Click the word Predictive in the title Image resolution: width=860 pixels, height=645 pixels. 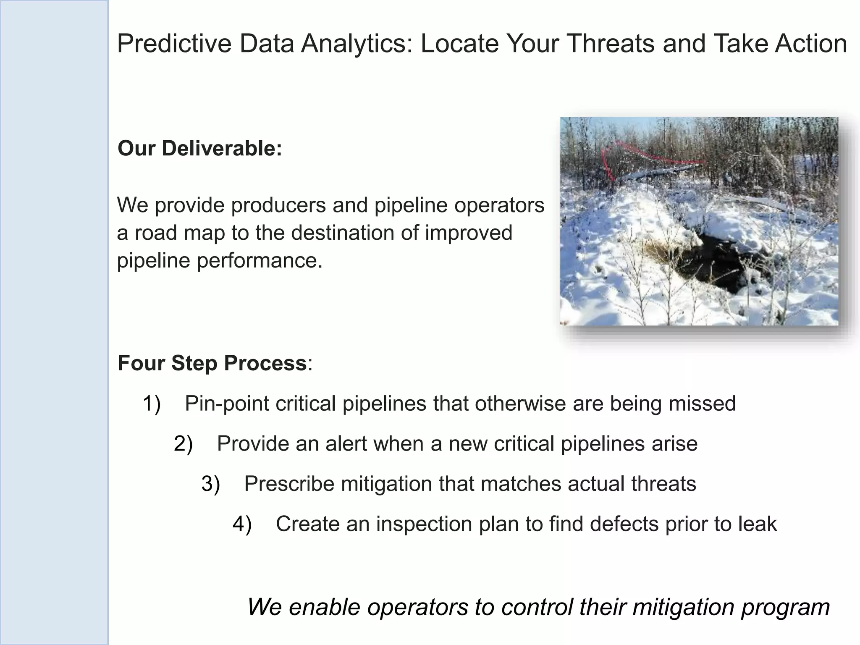tap(174, 44)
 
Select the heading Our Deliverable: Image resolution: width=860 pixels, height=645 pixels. tap(199, 149)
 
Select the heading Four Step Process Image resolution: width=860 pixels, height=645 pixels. tap(212, 363)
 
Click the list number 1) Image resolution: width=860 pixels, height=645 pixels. tap(152, 404)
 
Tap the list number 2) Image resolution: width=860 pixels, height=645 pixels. tap(183, 444)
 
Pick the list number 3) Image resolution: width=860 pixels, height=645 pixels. tap(210, 484)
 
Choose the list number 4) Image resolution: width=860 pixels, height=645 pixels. tap(242, 524)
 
